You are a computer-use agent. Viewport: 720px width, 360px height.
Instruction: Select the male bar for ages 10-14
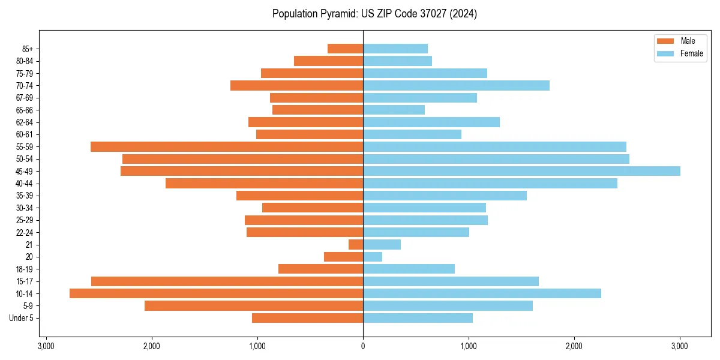[x=216, y=293]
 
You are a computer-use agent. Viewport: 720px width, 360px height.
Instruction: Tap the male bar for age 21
[x=356, y=244]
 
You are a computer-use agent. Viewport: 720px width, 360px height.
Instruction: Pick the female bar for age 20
[x=373, y=257]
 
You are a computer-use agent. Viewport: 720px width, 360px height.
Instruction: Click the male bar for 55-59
[x=227, y=146]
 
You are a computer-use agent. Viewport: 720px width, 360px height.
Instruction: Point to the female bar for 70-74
[x=456, y=85]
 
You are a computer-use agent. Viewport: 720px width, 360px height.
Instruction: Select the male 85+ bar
[x=345, y=49]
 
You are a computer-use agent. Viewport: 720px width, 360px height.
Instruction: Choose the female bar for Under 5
[x=418, y=318]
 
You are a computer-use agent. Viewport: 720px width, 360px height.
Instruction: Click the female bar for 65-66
[x=394, y=110]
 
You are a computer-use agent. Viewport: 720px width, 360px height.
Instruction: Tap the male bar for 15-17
[x=227, y=281]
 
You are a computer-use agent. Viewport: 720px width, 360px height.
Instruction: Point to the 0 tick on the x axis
[x=363, y=346]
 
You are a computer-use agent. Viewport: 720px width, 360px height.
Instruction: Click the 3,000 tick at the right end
[x=679, y=346]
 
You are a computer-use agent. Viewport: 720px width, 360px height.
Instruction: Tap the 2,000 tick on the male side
[x=151, y=346]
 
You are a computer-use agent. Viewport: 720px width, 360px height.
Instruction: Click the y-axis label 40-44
[x=25, y=184]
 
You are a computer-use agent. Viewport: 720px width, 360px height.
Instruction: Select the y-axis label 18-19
[x=25, y=269]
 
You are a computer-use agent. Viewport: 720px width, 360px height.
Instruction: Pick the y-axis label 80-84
[x=25, y=61]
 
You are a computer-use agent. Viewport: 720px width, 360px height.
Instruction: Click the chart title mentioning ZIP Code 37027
[x=374, y=14]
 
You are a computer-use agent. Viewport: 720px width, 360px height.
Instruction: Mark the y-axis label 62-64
[x=25, y=122]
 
